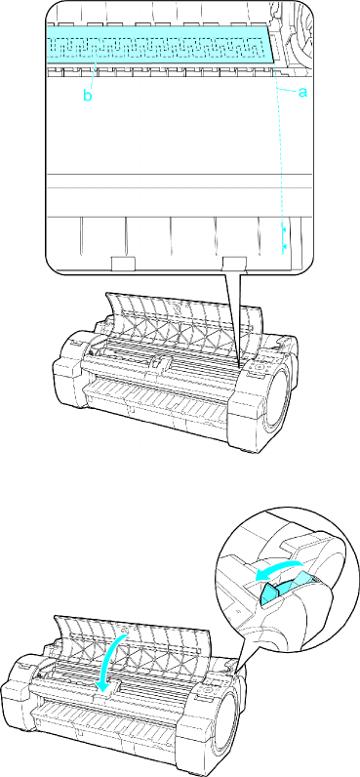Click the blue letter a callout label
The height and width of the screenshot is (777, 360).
(302, 91)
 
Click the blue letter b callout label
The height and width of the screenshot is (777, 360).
(87, 96)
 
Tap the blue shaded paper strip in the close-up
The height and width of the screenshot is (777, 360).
(161, 44)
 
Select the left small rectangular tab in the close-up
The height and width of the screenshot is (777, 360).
(123, 264)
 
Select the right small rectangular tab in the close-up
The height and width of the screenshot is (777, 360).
(235, 264)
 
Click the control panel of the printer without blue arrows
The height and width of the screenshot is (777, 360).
(260, 368)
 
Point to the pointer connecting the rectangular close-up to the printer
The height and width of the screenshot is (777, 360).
(234, 322)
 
